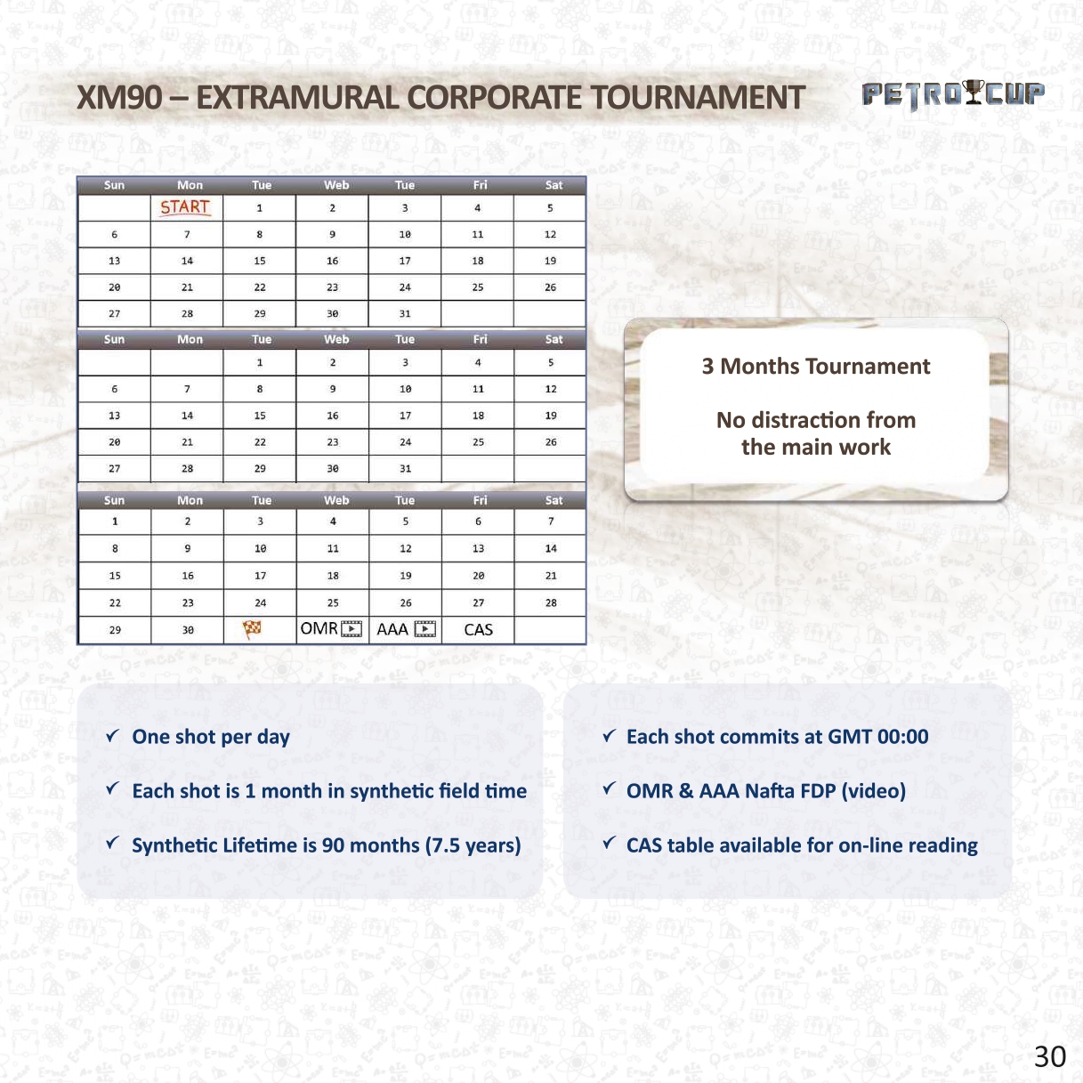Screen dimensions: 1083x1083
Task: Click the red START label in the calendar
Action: pyautogui.click(x=185, y=207)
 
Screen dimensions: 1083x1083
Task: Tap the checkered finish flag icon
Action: pyautogui.click(x=252, y=629)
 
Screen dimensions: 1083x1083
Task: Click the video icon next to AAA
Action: pyautogui.click(x=424, y=629)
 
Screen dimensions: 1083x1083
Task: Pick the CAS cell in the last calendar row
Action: pyautogui.click(x=478, y=629)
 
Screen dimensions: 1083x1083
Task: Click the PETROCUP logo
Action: pyautogui.click(x=953, y=94)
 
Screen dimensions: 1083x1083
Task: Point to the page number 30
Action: pyautogui.click(x=1050, y=1056)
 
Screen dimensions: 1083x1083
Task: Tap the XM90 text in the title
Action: pyautogui.click(x=119, y=98)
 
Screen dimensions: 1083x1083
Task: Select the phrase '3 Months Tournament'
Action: pyautogui.click(x=816, y=366)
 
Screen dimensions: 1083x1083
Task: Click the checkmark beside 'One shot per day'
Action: pyautogui.click(x=112, y=735)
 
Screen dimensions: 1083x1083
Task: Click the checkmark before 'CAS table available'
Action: pyautogui.click(x=610, y=843)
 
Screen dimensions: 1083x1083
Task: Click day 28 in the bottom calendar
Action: pyautogui.click(x=551, y=603)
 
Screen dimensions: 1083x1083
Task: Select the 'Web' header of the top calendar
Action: pyautogui.click(x=336, y=185)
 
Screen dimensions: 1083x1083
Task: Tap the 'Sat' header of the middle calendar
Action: pyautogui.click(x=554, y=339)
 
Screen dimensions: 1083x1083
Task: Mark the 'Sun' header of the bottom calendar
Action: pyautogui.click(x=114, y=500)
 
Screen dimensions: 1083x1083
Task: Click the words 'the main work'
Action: pyautogui.click(x=816, y=448)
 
